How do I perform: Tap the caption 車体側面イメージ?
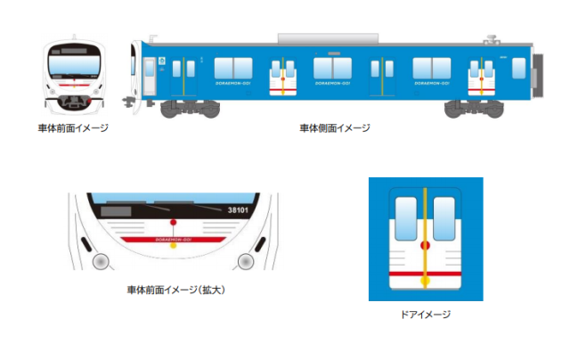335,128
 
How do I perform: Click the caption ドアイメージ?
427,314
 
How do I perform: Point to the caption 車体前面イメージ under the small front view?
73,128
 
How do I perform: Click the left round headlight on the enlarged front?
101,261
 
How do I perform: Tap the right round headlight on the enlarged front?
245,261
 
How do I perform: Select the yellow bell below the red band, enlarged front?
173,246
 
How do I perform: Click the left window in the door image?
405,218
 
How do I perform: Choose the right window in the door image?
446,218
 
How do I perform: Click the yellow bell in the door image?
426,281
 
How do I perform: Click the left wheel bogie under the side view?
190,108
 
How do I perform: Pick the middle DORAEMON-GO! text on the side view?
331,84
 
